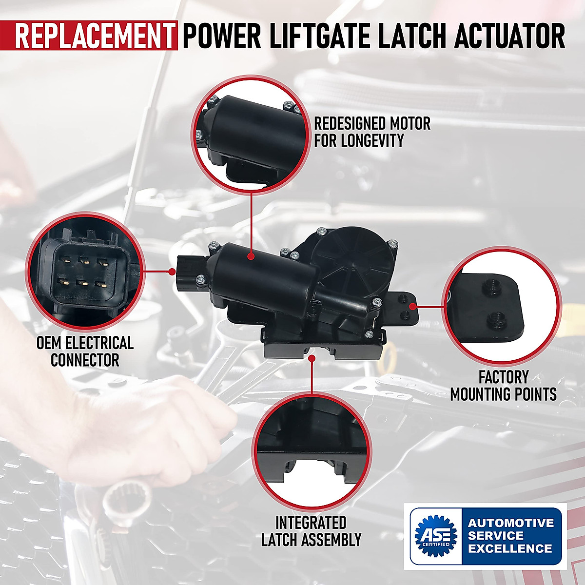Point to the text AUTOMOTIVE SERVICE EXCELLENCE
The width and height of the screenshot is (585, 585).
pyautogui.click(x=510, y=536)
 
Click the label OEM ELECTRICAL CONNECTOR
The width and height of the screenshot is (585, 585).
pyautogui.click(x=85, y=351)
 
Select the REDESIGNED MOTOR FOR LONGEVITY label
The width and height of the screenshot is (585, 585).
pyautogui.click(x=372, y=132)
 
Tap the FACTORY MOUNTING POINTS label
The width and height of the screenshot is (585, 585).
pyautogui.click(x=503, y=385)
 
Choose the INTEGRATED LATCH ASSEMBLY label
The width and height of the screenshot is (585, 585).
pyautogui.click(x=311, y=531)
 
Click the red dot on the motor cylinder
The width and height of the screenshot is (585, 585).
pyautogui.click(x=250, y=255)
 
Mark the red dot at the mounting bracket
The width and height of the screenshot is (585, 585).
pyautogui.click(x=412, y=307)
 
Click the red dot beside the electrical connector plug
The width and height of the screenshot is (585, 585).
pyautogui.click(x=172, y=271)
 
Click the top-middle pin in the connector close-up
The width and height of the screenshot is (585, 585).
pyautogui.click(x=83, y=260)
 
